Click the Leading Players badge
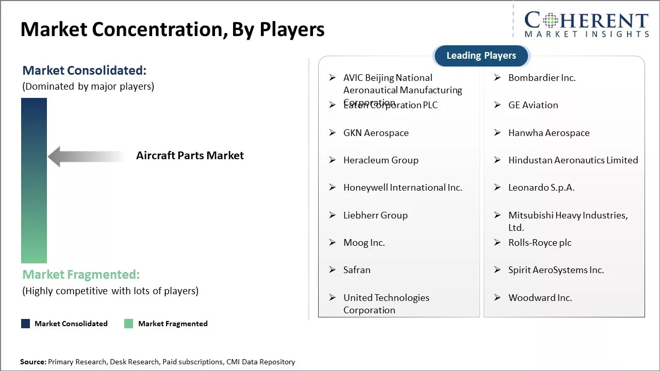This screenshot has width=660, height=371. (481, 56)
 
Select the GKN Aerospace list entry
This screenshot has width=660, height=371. (376, 133)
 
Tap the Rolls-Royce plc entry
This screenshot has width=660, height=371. (540, 243)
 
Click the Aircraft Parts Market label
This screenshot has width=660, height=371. (190, 156)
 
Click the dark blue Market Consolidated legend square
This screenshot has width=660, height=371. (25, 324)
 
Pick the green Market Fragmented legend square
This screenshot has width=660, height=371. (128, 324)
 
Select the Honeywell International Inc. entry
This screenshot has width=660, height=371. (403, 188)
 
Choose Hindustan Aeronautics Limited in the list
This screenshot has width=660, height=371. (573, 160)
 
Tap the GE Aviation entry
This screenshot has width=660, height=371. (533, 105)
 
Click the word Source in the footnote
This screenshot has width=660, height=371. (32, 362)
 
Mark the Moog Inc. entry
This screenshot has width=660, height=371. (364, 243)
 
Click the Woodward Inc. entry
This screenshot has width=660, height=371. (540, 298)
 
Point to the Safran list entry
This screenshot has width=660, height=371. (357, 270)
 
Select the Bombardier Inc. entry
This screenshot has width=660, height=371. (542, 78)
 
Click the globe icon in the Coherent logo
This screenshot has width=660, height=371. (550, 21)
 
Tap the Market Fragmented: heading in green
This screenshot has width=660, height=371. (81, 275)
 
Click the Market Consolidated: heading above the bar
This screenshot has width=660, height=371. (85, 71)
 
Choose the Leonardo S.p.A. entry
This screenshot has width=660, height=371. (541, 188)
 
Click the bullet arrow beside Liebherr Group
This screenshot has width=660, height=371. (333, 215)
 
